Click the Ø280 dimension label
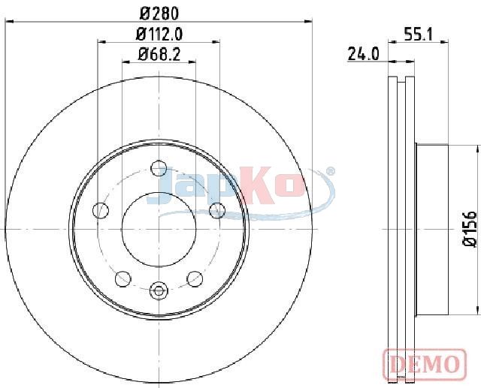159,14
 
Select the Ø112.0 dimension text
159,34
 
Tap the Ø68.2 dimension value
159,55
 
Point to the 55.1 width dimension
418,34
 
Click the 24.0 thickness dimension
363,54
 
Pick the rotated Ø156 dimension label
469,228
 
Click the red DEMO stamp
425,363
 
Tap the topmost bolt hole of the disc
159,168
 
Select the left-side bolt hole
101,210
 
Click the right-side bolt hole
217,210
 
